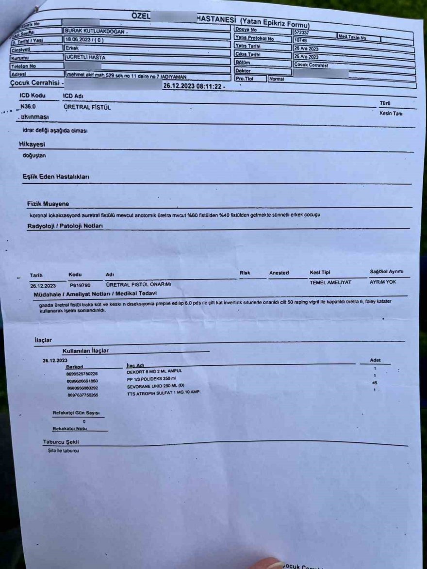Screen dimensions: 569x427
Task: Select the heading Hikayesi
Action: point(32,145)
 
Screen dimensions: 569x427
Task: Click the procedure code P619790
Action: point(80,285)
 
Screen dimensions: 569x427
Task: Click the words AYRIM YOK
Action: point(383,282)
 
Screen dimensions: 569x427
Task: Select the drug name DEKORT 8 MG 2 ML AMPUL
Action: point(154,371)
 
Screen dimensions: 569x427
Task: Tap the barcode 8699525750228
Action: point(82,374)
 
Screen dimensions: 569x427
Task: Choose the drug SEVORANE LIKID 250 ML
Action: point(152,387)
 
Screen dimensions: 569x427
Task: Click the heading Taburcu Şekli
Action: point(61,442)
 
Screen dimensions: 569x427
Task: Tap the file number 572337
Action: point(301,32)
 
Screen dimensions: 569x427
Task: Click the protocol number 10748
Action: point(300,40)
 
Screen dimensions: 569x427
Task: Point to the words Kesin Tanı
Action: point(391,113)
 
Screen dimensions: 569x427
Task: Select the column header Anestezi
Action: point(279,273)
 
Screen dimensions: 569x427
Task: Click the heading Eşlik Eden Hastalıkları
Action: point(56,177)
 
